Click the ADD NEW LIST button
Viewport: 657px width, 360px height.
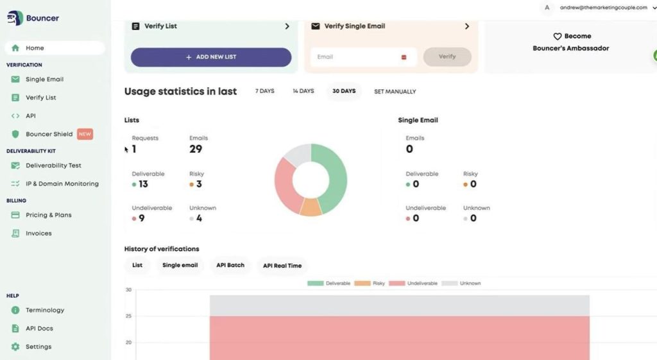211,57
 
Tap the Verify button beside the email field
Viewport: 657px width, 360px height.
447,56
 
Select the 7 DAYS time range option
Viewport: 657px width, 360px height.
264,91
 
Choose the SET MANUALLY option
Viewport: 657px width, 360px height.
395,92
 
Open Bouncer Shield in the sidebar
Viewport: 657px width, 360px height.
49,134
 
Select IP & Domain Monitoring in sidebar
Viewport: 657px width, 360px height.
62,184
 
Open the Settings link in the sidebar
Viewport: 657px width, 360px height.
38,347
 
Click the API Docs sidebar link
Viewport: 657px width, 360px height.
39,329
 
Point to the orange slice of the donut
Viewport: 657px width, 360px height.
311,207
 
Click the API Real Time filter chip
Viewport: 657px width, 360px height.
282,265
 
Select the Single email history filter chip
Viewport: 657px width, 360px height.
180,265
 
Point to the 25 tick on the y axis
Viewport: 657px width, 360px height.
128,316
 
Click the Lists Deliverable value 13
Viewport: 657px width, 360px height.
143,184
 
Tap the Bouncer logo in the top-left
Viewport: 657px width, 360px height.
33,18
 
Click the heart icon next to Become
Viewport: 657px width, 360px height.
557,37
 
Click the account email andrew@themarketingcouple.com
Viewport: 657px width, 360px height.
603,8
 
